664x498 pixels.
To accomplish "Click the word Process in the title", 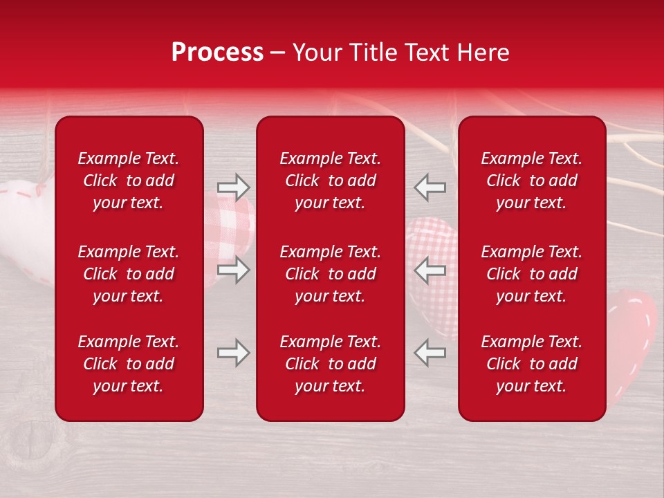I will pyautogui.click(x=217, y=53).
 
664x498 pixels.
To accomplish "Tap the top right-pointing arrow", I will pyautogui.click(x=233, y=187).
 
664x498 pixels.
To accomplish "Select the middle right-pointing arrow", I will pyautogui.click(x=233, y=270).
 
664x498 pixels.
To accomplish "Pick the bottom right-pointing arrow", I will pyautogui.click(x=233, y=353).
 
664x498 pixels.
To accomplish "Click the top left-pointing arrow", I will pyautogui.click(x=430, y=187).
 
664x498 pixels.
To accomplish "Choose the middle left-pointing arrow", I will pyautogui.click(x=430, y=270).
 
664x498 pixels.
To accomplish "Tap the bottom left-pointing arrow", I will pyautogui.click(x=430, y=353).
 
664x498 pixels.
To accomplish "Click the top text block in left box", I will pyautogui.click(x=129, y=181).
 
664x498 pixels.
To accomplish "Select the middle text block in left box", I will pyautogui.click(x=129, y=274).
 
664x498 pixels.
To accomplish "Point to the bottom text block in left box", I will pyautogui.click(x=129, y=364).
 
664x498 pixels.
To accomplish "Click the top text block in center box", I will pyautogui.click(x=330, y=181).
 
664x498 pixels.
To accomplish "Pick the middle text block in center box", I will pyautogui.click(x=330, y=274).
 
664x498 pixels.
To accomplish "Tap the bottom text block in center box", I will pyautogui.click(x=330, y=364).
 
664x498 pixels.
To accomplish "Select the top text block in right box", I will pyautogui.click(x=531, y=181).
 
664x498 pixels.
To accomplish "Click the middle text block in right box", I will pyautogui.click(x=531, y=274).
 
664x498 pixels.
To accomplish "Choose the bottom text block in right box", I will pyautogui.click(x=531, y=364).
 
